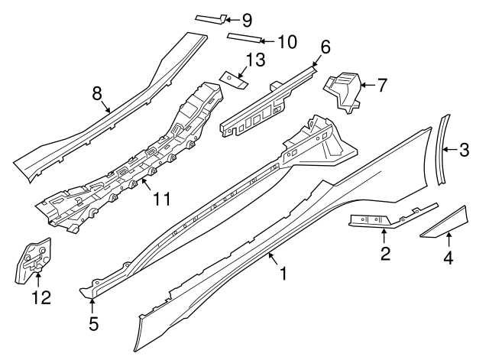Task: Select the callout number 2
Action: click(x=386, y=254)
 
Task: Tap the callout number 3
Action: click(x=463, y=151)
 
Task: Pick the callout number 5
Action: click(x=93, y=323)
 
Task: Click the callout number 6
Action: click(x=325, y=47)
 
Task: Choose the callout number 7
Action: click(x=381, y=84)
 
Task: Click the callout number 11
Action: click(x=161, y=200)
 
